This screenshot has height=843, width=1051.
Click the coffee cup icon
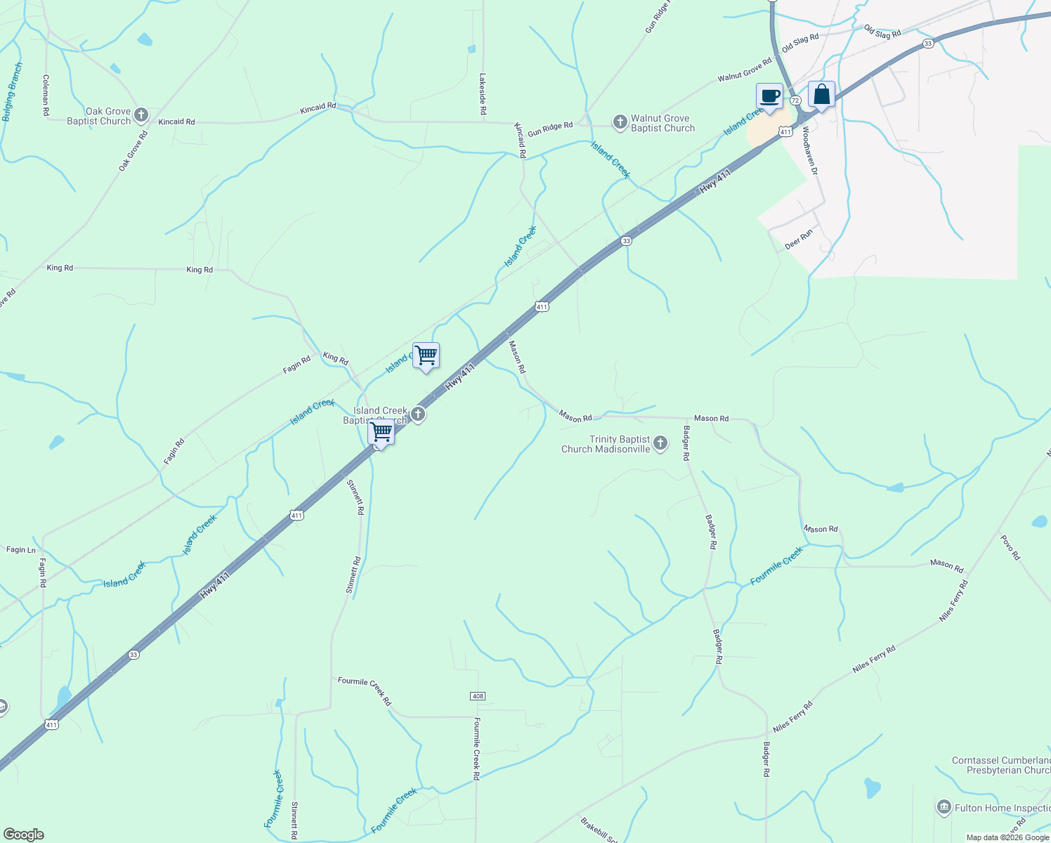[x=769, y=96]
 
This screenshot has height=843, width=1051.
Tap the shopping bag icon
[x=821, y=95]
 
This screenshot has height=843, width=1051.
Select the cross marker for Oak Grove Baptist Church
[x=141, y=115]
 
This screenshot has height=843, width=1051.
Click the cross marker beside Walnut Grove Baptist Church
[x=620, y=123]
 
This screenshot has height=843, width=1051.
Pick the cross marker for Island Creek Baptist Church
[x=418, y=414]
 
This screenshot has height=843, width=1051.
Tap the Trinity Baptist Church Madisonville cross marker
[x=660, y=443]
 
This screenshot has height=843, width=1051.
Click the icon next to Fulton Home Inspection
[x=944, y=807]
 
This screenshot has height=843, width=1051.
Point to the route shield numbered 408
[x=478, y=696]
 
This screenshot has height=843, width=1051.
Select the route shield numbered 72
[x=795, y=100]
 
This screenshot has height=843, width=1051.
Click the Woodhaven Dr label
[x=810, y=151]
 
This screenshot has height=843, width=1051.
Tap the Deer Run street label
[x=799, y=240]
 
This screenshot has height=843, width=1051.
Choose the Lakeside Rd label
[x=483, y=94]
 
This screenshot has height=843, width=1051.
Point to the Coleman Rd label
[x=46, y=95]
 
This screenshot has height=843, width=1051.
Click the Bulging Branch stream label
[x=13, y=92]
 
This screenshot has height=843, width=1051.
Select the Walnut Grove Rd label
[x=745, y=70]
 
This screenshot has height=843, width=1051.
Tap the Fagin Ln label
[x=21, y=550]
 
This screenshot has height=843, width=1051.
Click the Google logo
[x=23, y=835]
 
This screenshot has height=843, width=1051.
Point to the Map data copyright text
[x=1007, y=837]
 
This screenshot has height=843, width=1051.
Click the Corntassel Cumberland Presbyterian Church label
[x=1001, y=765]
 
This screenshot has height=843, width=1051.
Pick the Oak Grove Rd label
[x=133, y=150]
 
